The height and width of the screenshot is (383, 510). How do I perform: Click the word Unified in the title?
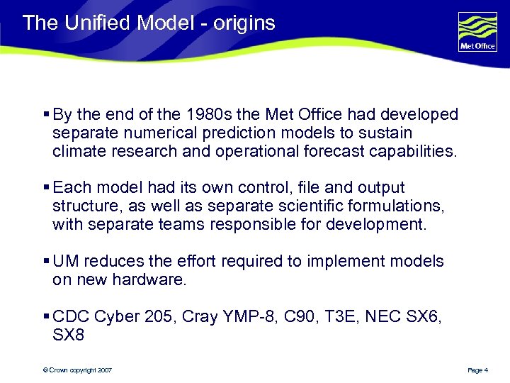tap(98, 23)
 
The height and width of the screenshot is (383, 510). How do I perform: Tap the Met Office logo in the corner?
tap(478, 33)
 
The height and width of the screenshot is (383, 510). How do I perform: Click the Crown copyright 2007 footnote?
tap(76, 370)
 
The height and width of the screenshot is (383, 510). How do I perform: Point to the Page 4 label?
tap(478, 370)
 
